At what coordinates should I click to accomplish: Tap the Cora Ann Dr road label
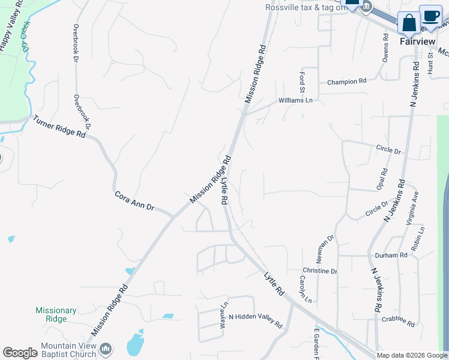[134, 201]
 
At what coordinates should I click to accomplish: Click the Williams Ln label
[295, 101]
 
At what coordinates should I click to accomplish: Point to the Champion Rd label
[346, 82]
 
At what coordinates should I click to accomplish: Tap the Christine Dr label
[320, 271]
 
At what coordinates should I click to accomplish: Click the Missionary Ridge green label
[56, 314]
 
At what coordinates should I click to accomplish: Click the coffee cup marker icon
[430, 15]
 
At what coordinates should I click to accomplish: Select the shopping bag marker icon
[409, 23]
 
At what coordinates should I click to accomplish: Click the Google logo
[20, 353]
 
